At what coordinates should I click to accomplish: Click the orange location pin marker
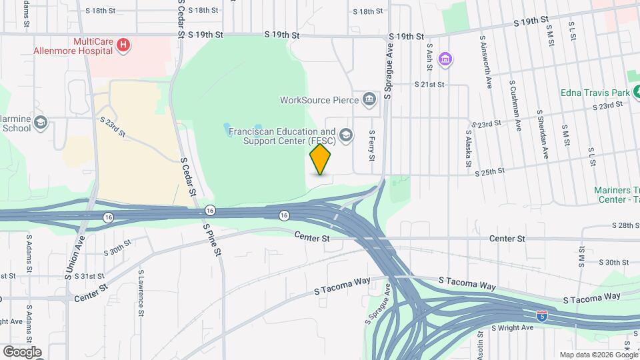click(x=321, y=159)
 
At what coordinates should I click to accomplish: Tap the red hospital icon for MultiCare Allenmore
click(x=123, y=45)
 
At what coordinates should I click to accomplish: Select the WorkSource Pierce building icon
click(x=369, y=100)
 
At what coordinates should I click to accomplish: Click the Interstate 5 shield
click(x=543, y=315)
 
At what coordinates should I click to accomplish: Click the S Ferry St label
click(x=373, y=145)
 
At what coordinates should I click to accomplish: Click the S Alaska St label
click(x=468, y=148)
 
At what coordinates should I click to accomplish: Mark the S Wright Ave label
click(x=513, y=328)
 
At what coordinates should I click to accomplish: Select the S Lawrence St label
click(x=141, y=293)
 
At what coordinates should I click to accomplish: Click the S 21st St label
click(x=429, y=85)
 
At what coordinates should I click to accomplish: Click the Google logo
click(x=21, y=351)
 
